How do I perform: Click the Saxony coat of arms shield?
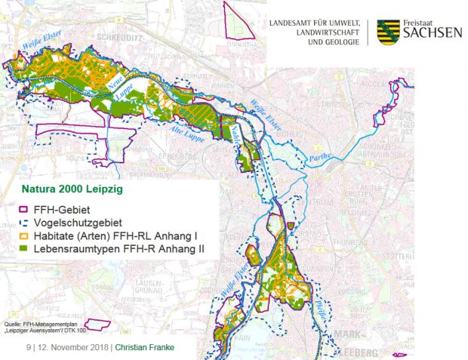[387, 29]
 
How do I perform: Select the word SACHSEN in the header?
[433, 34]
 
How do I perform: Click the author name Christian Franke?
[146, 349]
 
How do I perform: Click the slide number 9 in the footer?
[29, 349]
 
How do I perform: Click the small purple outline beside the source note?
[97, 324]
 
